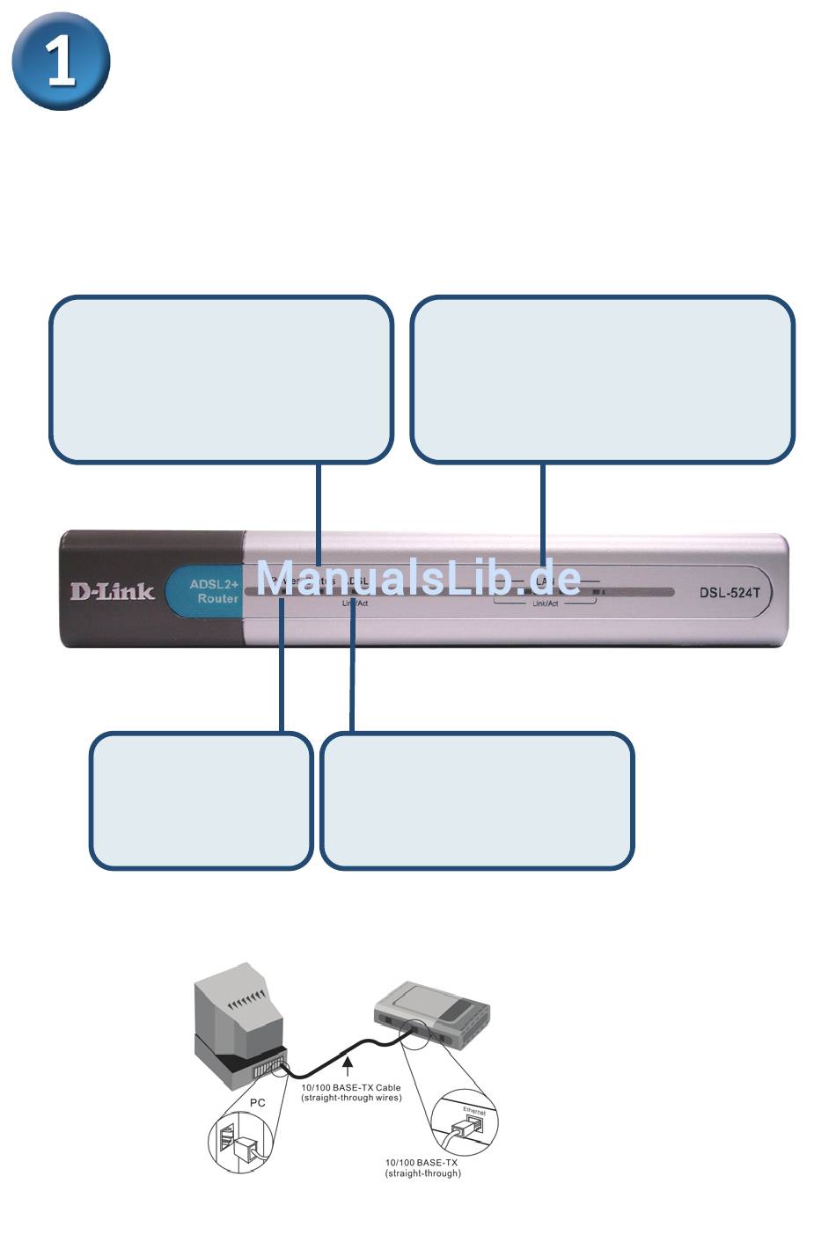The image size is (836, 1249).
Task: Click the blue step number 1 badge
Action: pyautogui.click(x=61, y=61)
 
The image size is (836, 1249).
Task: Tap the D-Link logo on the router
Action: pyautogui.click(x=112, y=591)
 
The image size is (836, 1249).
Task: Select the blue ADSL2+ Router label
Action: pyautogui.click(x=213, y=591)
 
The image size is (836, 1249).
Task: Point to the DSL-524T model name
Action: pyautogui.click(x=730, y=592)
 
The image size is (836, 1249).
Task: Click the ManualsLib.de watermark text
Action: pyautogui.click(x=418, y=578)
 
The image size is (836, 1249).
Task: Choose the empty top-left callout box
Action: pyautogui.click(x=220, y=379)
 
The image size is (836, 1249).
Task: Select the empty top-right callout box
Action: pyautogui.click(x=603, y=379)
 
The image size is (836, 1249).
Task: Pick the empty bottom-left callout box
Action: pyautogui.click(x=201, y=800)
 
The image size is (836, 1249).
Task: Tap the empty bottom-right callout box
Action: pyautogui.click(x=476, y=800)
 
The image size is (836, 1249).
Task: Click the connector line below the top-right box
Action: pyautogui.click(x=543, y=510)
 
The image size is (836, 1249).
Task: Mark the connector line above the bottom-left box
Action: pyautogui.click(x=282, y=677)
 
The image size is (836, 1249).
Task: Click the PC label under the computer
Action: pyautogui.click(x=257, y=1102)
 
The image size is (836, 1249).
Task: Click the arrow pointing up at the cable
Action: pyautogui.click(x=348, y=1066)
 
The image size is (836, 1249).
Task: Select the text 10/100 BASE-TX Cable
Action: pyautogui.click(x=350, y=1087)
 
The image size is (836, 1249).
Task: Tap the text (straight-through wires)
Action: pyautogui.click(x=350, y=1098)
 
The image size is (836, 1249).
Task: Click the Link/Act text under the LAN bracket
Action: pyautogui.click(x=545, y=604)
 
